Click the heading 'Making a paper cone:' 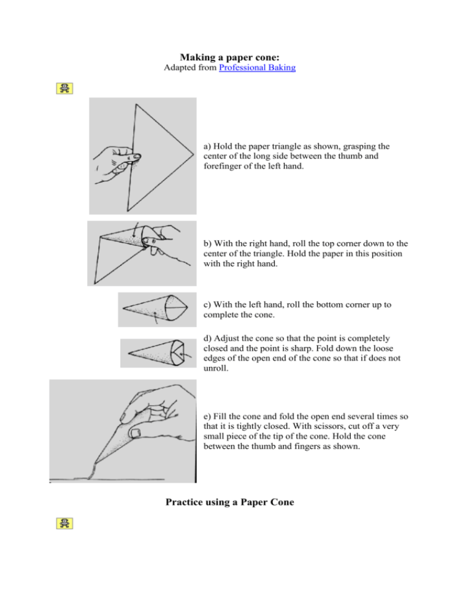(235, 55)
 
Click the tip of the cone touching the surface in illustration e (93, 475)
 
